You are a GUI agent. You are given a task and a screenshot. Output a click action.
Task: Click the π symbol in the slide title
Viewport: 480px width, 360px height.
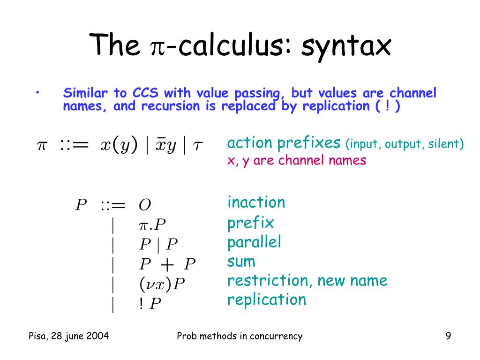pyautogui.click(x=157, y=47)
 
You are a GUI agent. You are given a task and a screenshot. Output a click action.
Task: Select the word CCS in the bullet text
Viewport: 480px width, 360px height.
pyautogui.click(x=146, y=92)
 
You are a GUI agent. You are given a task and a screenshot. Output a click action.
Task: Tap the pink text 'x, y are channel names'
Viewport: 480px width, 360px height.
pyautogui.click(x=296, y=160)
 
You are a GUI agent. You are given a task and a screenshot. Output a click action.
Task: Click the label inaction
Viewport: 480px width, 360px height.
pyautogui.click(x=256, y=202)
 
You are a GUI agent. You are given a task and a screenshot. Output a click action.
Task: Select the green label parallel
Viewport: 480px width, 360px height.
pyautogui.click(x=254, y=242)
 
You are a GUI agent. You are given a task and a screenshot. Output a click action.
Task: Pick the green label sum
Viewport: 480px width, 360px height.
pyautogui.click(x=241, y=261)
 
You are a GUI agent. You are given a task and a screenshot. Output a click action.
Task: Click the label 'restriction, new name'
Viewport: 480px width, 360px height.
pyautogui.click(x=307, y=281)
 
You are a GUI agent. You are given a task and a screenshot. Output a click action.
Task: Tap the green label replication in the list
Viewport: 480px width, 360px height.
pyautogui.click(x=266, y=300)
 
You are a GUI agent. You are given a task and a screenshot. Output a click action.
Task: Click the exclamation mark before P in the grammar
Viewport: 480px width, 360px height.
pyautogui.click(x=141, y=304)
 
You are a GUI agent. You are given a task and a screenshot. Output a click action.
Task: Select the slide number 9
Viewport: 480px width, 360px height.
pyautogui.click(x=448, y=336)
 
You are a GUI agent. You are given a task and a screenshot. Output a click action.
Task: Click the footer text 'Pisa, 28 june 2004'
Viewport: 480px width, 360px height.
pyautogui.click(x=69, y=336)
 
